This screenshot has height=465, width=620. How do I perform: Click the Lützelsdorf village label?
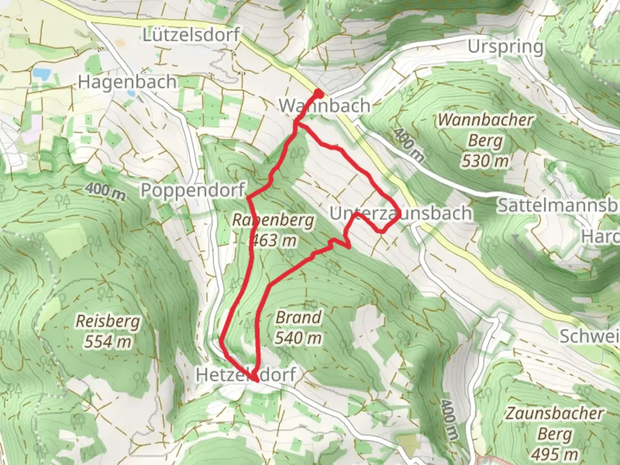191,35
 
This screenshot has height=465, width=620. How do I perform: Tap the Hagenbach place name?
127,81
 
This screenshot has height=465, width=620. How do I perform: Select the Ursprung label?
505,47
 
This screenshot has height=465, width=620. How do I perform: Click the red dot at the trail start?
319,93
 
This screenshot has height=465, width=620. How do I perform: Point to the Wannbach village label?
325,106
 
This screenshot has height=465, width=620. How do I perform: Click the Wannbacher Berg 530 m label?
485,140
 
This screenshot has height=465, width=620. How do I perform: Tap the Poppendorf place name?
192,190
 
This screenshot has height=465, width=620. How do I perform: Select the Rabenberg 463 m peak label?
273,230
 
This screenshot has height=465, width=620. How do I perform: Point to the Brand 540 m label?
298,328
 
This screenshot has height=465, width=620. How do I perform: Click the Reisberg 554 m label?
108,331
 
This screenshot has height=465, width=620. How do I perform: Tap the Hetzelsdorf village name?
246,375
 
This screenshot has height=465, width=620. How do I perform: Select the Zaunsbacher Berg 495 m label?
554,433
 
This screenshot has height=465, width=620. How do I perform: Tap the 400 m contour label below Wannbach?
408,144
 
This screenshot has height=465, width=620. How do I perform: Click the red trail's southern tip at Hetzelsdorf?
256,381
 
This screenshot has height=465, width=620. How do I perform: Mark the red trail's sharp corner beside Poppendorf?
247,197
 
